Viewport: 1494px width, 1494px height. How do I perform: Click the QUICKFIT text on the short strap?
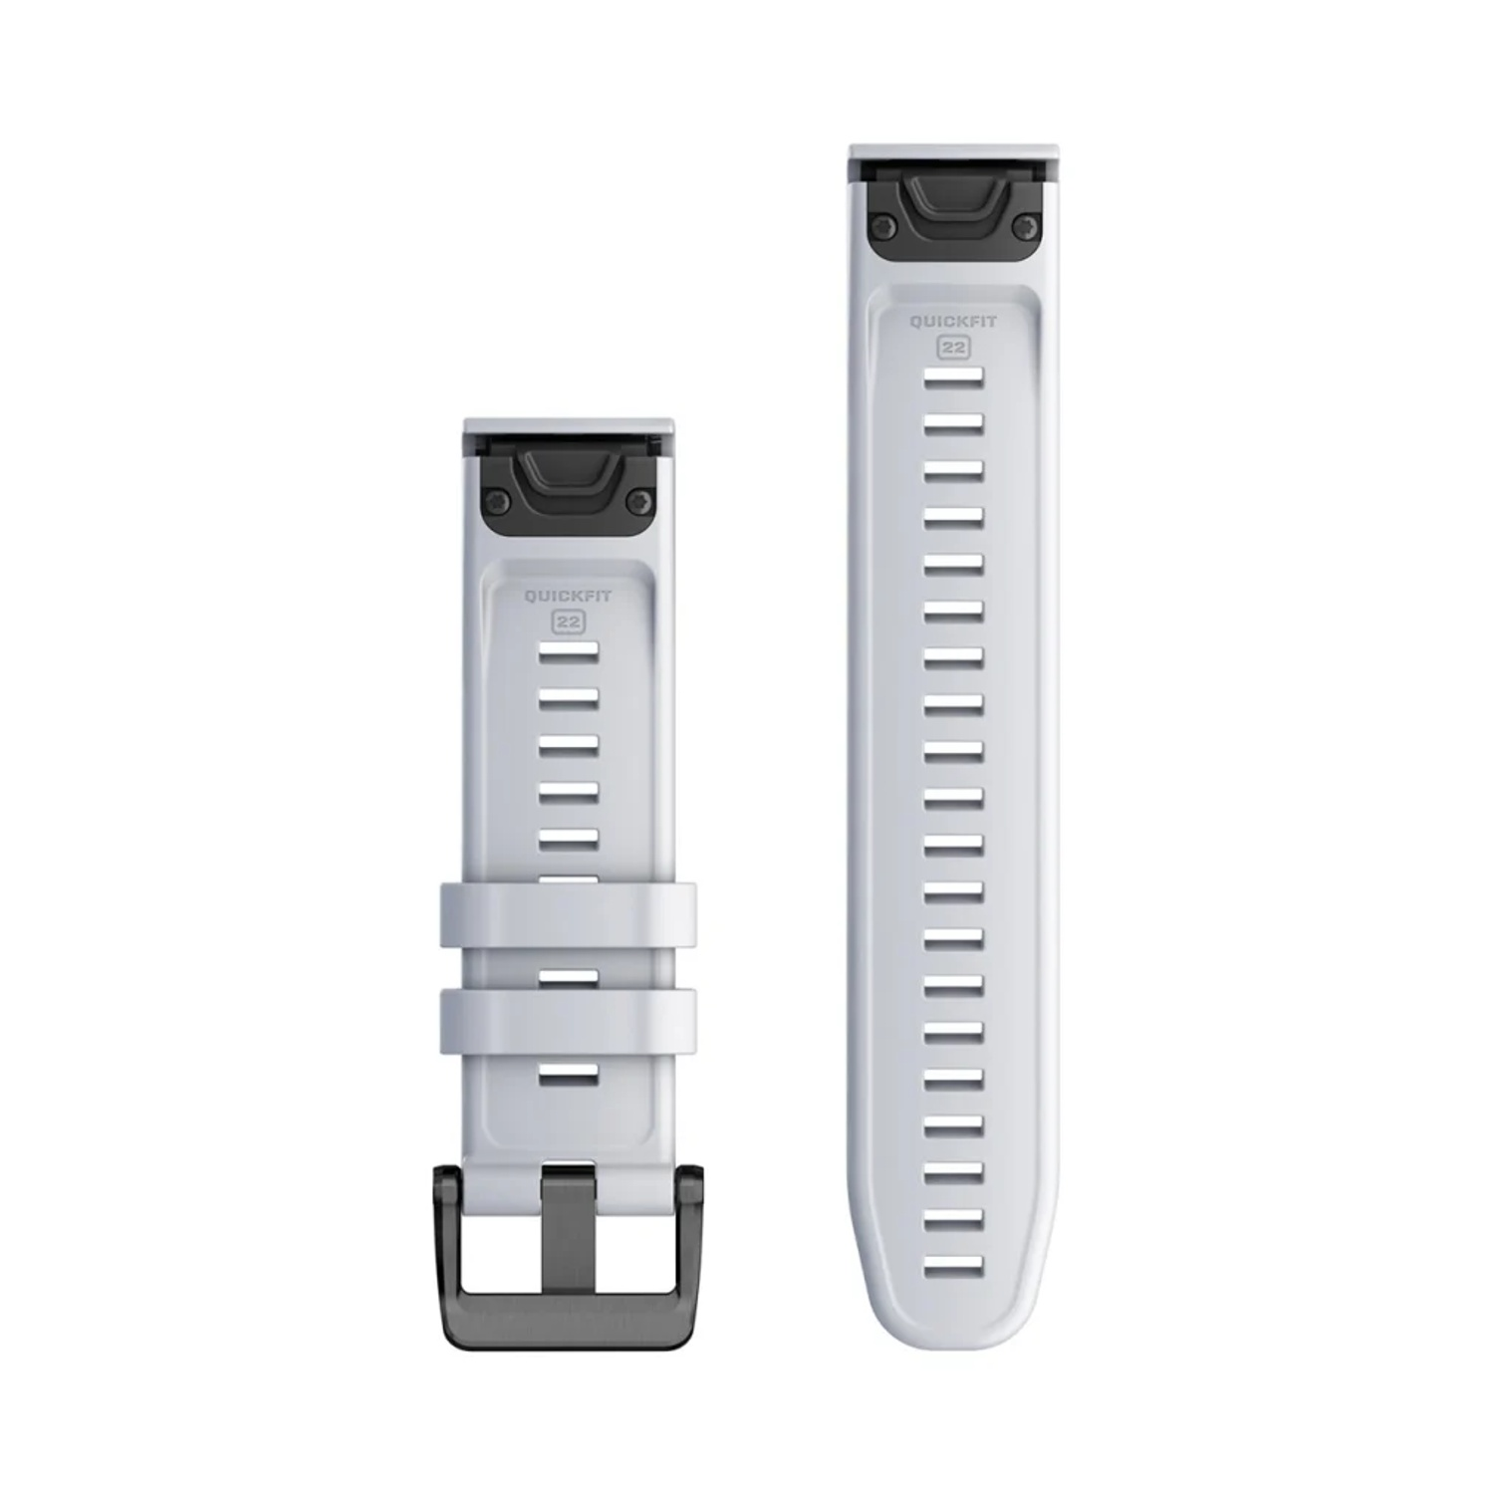click(x=569, y=598)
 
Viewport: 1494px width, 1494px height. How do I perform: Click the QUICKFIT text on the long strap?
click(x=953, y=323)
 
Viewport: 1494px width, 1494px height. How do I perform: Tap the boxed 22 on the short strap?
click(x=569, y=622)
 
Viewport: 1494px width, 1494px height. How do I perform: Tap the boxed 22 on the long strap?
click(x=953, y=348)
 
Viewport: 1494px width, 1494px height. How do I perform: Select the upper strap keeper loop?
click(x=568, y=914)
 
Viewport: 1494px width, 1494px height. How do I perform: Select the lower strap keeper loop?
click(x=568, y=1020)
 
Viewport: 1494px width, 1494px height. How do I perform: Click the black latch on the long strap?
click(x=953, y=207)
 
